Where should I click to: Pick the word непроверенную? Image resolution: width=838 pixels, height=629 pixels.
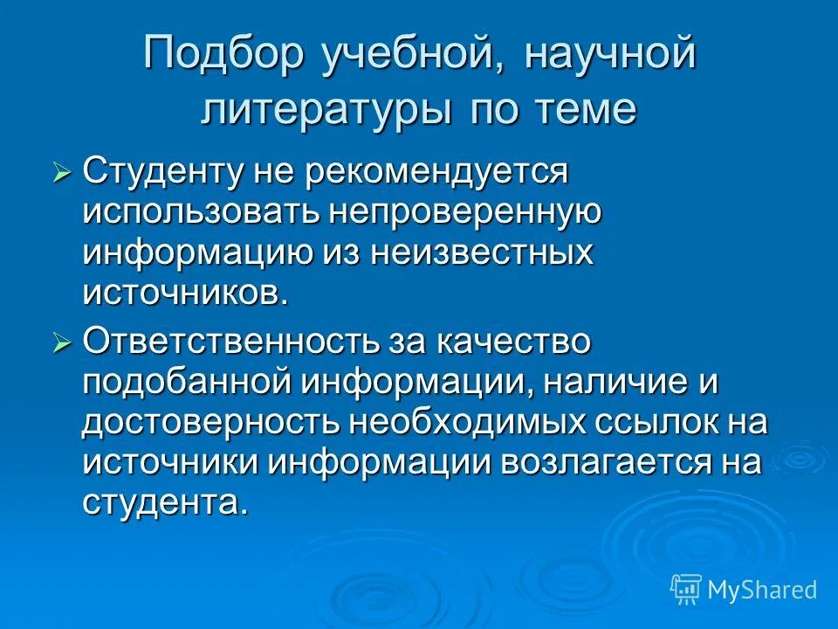462,212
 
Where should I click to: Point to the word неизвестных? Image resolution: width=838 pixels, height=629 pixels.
481,252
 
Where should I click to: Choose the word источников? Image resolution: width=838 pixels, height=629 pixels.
184,293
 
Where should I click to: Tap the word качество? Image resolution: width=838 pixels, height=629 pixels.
505,342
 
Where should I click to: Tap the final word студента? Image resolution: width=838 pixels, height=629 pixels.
160,502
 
